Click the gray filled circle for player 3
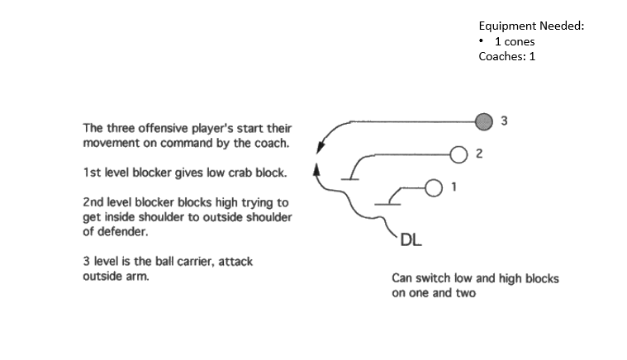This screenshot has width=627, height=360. [485, 120]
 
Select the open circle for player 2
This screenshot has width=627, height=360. [460, 153]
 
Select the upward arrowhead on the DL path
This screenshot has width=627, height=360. [316, 169]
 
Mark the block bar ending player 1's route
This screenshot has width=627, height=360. [384, 203]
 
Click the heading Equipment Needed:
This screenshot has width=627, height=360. [531, 26]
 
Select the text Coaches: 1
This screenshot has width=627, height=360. [507, 57]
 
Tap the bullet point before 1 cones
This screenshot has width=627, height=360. [482, 41]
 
